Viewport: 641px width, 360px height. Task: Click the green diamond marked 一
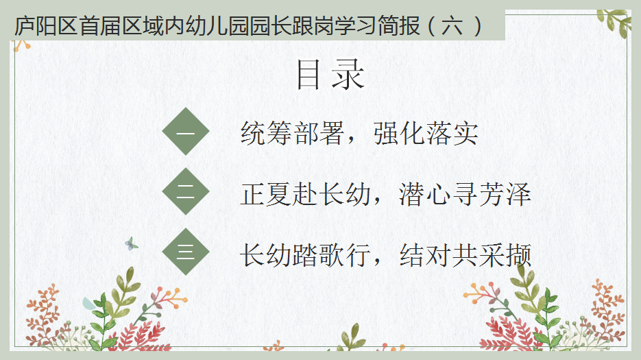(x=186, y=132)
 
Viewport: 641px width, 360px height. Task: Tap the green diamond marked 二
(x=186, y=191)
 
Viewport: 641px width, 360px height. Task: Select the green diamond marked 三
(x=186, y=251)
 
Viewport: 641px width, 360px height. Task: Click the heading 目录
(x=330, y=74)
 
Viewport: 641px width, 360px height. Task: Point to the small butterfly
(x=131, y=244)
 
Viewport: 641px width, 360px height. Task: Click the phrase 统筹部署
(x=292, y=133)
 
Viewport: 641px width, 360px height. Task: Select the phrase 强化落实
(x=426, y=133)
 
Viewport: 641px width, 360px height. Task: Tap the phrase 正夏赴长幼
(x=305, y=194)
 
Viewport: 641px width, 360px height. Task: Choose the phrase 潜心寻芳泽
(x=465, y=194)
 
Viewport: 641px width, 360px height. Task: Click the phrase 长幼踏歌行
(x=305, y=255)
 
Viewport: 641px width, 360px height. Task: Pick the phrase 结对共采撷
(x=465, y=255)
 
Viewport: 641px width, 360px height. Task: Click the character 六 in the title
(x=452, y=26)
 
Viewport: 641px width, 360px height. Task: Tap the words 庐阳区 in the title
(x=46, y=26)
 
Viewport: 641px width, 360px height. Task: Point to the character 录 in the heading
(x=348, y=74)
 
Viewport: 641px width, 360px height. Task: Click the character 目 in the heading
(x=308, y=74)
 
